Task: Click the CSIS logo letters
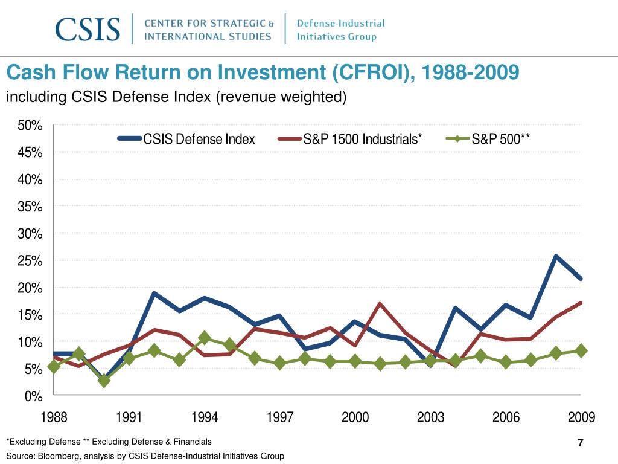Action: coord(88,29)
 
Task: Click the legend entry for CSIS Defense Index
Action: coord(199,140)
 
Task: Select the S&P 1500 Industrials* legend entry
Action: coord(362,140)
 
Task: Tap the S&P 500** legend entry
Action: coord(500,140)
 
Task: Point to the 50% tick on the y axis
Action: coord(30,126)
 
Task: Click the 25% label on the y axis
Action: coord(30,261)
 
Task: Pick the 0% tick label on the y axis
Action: coord(33,396)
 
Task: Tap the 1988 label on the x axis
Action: coord(54,417)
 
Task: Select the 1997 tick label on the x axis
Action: coord(280,417)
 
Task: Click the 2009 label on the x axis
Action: coord(581,417)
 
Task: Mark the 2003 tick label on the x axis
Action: coord(430,417)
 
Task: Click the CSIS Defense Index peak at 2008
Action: coord(555,256)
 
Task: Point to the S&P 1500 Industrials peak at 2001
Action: coord(380,304)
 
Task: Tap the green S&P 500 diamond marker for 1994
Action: coord(205,338)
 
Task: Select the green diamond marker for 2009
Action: coord(581,350)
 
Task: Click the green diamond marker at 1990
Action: coord(104,381)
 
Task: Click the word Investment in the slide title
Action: coord(271,73)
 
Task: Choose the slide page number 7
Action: coord(581,443)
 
